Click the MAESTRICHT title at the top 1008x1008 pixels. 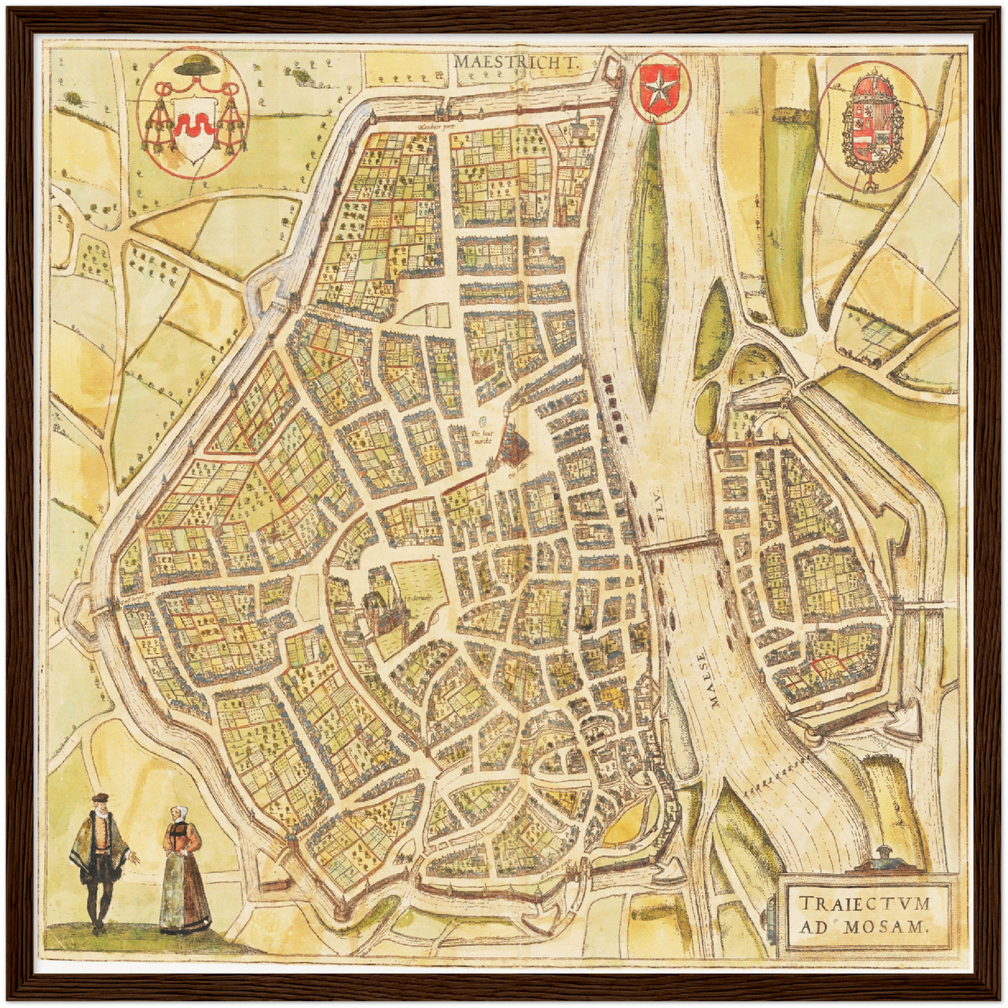click(517, 61)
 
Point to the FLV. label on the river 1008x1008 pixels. click(661, 513)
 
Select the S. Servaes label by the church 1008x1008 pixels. click(419, 599)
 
